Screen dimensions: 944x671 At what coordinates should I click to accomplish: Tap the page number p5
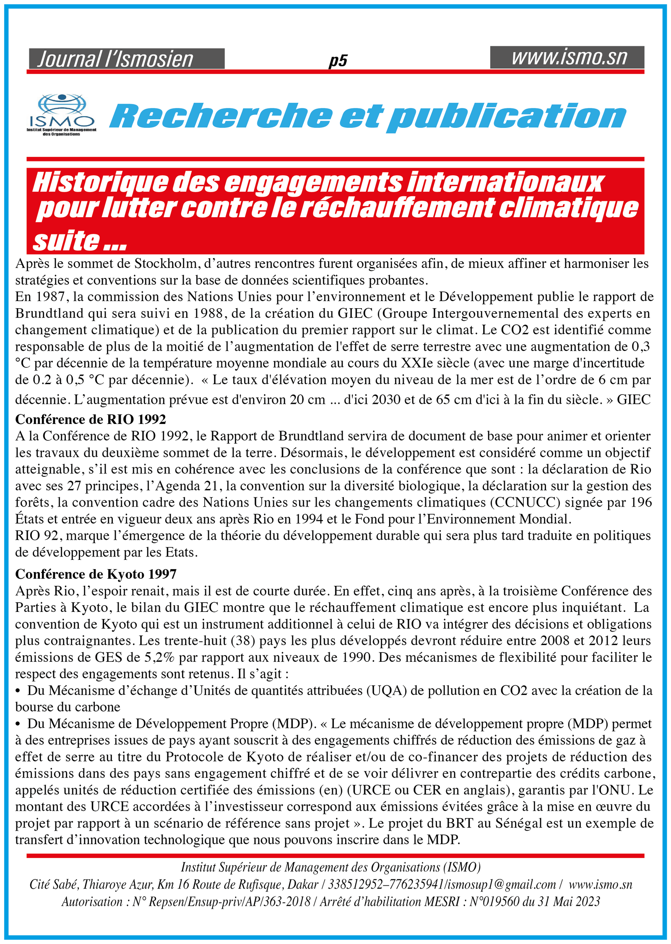338,61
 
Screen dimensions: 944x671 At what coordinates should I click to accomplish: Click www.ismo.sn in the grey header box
569,57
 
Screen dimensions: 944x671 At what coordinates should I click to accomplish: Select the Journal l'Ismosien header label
115,60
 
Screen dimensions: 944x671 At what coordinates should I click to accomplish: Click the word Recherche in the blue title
221,116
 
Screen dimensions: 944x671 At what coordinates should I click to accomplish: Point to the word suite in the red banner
66,241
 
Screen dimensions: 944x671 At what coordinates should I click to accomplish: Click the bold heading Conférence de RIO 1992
91,419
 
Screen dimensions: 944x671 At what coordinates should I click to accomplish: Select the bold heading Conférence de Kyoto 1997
96,574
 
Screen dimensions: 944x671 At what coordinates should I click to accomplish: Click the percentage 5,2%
159,658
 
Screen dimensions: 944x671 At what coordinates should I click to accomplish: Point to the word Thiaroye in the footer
102,884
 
